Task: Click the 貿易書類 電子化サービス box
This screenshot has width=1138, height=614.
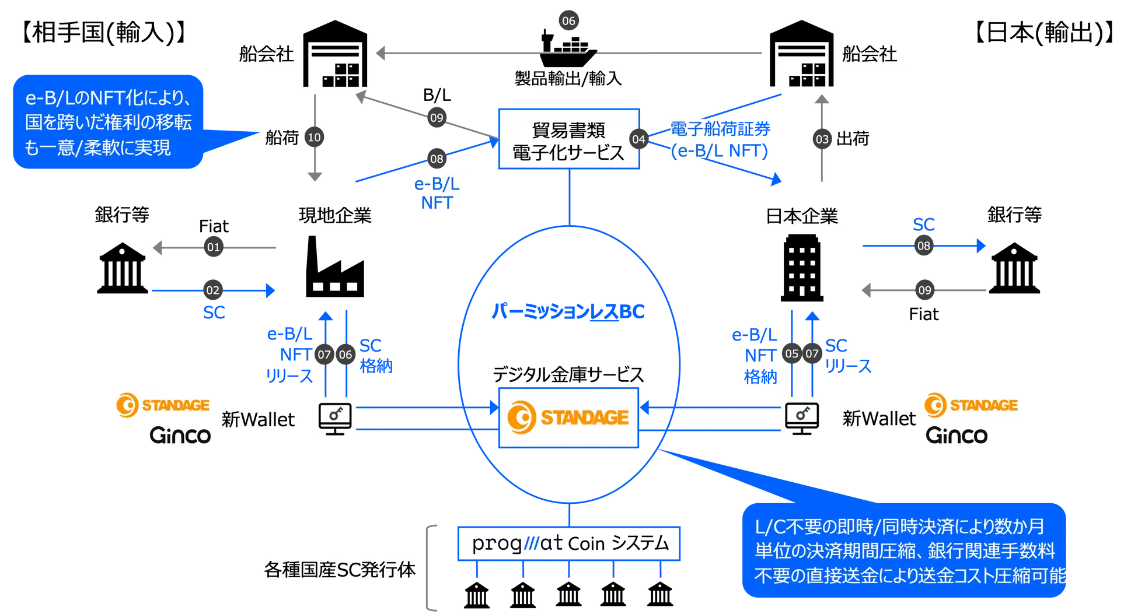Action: click(x=568, y=140)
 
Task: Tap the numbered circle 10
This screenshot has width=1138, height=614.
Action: click(x=314, y=138)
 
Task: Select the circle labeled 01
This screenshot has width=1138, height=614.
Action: click(x=214, y=247)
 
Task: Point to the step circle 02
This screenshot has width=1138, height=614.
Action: click(x=213, y=290)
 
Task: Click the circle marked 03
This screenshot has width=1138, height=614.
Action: click(x=822, y=139)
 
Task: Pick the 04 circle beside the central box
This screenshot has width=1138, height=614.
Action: click(x=639, y=139)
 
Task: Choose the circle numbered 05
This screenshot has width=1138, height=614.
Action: click(x=791, y=353)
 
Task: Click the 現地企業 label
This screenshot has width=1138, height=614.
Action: click(x=335, y=216)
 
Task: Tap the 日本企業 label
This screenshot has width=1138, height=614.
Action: click(x=802, y=216)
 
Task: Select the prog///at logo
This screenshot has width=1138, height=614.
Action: click(x=518, y=543)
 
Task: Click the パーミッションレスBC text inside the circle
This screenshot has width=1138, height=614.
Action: click(x=568, y=312)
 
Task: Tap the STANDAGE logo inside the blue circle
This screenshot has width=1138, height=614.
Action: click(x=568, y=417)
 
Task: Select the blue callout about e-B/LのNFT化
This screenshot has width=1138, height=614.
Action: click(x=109, y=122)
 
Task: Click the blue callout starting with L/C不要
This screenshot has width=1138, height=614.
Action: click(x=905, y=551)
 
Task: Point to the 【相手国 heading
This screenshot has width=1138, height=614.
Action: click(x=61, y=30)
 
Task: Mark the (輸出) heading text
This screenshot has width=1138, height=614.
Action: click(x=1074, y=31)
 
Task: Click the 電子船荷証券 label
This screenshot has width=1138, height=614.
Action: click(x=720, y=129)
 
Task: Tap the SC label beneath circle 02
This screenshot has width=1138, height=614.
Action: click(x=214, y=313)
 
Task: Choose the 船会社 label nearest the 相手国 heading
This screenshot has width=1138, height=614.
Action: click(x=266, y=54)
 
